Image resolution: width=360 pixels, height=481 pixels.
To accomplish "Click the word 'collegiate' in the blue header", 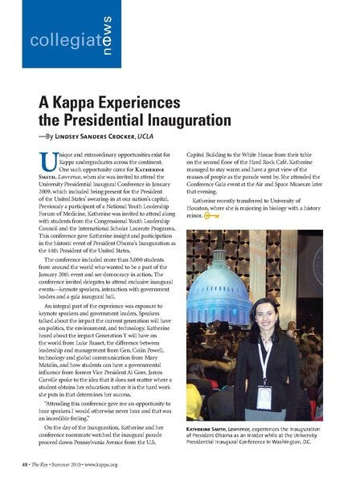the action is (55, 40).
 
